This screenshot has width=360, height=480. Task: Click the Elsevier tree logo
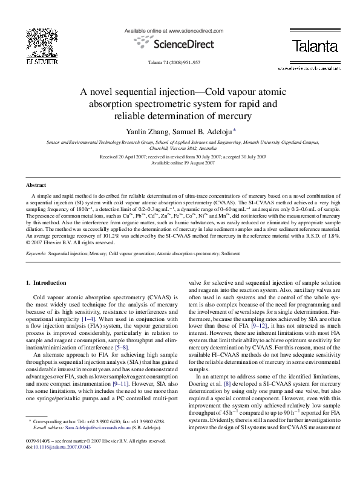click(42, 42)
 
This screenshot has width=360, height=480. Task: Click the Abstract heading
click(36, 184)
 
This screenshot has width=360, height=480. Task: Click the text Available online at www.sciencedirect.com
click(174, 30)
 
